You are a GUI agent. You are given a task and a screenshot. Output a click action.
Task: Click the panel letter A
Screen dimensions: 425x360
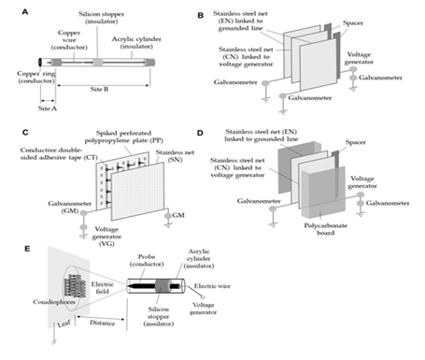pyautogui.click(x=25, y=12)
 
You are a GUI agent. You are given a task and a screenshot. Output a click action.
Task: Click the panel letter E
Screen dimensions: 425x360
pyautogui.click(x=27, y=249)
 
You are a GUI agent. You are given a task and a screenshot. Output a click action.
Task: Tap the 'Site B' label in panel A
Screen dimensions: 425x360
pyautogui.click(x=99, y=89)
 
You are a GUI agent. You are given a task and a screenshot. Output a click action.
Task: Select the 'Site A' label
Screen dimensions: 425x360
pyautogui.click(x=48, y=108)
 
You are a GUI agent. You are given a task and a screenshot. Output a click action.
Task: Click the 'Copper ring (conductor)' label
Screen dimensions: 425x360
pyautogui.click(x=36, y=78)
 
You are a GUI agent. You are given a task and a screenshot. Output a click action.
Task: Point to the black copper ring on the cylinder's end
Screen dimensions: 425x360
pyautogui.click(x=40, y=62)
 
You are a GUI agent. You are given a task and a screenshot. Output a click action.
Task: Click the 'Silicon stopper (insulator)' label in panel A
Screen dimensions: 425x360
pyautogui.click(x=102, y=18)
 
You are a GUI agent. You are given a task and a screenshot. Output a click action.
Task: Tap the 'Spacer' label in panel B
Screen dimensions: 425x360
pyautogui.click(x=353, y=22)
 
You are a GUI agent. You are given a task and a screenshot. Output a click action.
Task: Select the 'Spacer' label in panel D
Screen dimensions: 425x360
pyautogui.click(x=356, y=142)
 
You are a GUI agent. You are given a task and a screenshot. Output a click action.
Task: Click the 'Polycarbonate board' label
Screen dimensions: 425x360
pyautogui.click(x=326, y=229)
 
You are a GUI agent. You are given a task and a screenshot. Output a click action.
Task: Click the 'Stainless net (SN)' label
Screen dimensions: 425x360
pyautogui.click(x=175, y=156)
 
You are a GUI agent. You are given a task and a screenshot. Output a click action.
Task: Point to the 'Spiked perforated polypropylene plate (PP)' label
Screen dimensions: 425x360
pyautogui.click(x=124, y=137)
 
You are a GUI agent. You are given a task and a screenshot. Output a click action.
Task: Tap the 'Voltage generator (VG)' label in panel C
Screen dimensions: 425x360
pyautogui.click(x=106, y=237)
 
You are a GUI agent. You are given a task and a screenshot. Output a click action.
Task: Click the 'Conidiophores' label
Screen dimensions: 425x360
pyautogui.click(x=54, y=302)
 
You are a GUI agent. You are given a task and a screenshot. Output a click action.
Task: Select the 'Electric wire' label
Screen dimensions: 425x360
pyautogui.click(x=212, y=286)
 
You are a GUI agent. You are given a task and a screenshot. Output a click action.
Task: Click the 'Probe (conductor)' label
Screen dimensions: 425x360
pyautogui.click(x=147, y=260)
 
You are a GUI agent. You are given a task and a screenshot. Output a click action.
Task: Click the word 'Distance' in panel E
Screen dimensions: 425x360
pyautogui.click(x=102, y=323)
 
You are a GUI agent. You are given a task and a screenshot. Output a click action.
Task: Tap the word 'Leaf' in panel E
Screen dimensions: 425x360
pyautogui.click(x=64, y=324)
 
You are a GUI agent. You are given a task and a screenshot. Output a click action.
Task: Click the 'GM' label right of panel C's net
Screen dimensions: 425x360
pyautogui.click(x=178, y=215)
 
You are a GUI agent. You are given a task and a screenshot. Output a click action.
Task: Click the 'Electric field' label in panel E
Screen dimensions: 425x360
pyautogui.click(x=102, y=288)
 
